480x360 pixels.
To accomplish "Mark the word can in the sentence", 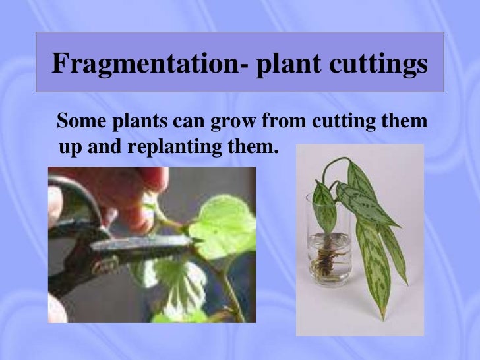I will (x=188, y=122).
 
